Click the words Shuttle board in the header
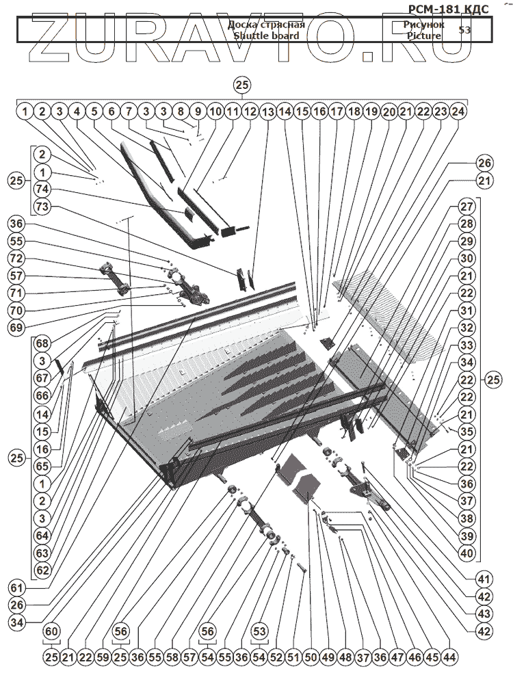point(266,36)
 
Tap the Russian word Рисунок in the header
point(423,25)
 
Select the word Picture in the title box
point(423,36)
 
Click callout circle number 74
point(42,189)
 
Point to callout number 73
point(42,207)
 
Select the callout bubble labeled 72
point(17,259)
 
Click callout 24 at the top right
point(459,111)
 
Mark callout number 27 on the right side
point(466,206)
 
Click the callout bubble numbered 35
point(466,432)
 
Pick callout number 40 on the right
point(466,553)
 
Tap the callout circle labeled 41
point(485,577)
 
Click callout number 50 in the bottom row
point(310,657)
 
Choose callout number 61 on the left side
point(17,588)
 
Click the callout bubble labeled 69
point(17,327)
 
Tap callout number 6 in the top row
point(111,111)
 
